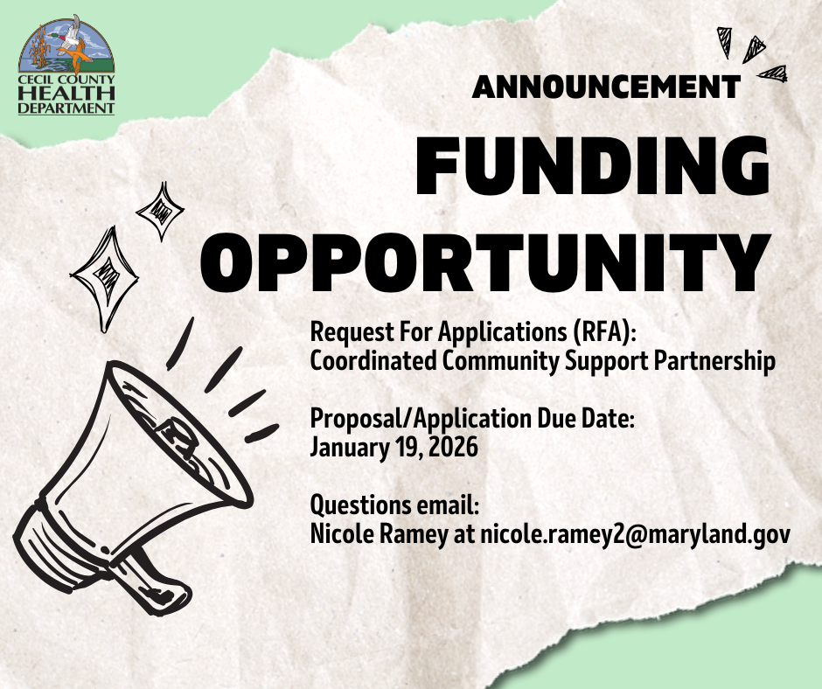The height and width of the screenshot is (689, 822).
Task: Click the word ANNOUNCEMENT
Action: [606, 87]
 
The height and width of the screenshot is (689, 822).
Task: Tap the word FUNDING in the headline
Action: [593, 166]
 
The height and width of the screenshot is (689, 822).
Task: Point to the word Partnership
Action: [714, 362]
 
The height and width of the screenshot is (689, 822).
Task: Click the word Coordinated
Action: [373, 361]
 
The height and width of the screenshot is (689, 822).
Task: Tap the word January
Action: [350, 449]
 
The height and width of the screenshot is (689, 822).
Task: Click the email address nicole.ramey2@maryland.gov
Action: [635, 534]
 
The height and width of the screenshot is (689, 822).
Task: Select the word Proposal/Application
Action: [421, 419]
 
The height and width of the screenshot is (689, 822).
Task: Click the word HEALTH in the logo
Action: [66, 94]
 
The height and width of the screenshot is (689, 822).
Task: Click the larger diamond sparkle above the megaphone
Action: [105, 278]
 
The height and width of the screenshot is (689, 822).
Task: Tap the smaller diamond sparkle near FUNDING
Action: [160, 211]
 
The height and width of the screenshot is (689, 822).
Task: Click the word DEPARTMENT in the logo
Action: [66, 108]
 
